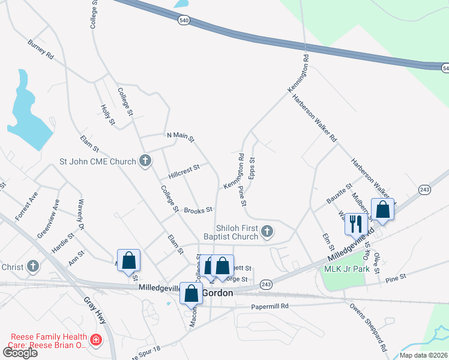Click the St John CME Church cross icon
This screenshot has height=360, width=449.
pos(145,161)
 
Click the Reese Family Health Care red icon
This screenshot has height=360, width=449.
pos(95,341)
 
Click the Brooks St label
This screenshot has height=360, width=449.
pos(199,210)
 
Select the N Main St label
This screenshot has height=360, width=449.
pos(181,137)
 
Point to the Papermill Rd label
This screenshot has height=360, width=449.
pos(270,305)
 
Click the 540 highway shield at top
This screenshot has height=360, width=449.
pos(184,20)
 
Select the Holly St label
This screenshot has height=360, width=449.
pos(108,115)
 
